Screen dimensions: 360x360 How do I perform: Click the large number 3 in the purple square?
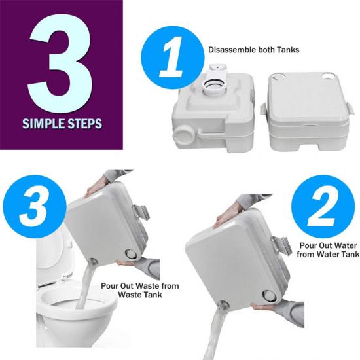pos(60,63)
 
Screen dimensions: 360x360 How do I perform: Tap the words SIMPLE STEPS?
pos(62,124)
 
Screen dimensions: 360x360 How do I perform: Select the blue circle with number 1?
pos(172,58)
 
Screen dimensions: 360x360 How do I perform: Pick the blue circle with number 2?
pos(323,207)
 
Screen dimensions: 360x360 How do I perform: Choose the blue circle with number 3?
pos(35,206)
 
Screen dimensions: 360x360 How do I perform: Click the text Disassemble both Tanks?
pos(254,50)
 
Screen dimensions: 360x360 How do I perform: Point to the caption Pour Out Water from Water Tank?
pos(328,250)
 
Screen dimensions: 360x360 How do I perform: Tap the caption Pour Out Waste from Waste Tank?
pos(140,290)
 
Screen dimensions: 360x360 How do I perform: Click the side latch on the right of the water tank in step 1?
pos(350,109)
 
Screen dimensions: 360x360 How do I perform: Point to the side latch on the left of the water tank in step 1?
pos(264,110)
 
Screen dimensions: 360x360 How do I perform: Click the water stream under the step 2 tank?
pos(218,331)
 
